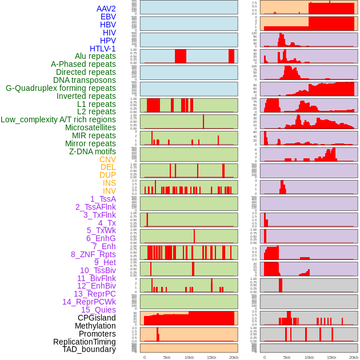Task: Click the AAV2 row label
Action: coord(106,9)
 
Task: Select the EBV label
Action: coord(108,17)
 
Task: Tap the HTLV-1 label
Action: coord(103,49)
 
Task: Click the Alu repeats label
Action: coord(95,56)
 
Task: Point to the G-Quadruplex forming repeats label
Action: coord(61,88)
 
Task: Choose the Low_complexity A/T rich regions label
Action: coord(58,119)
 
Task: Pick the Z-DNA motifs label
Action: coord(92,151)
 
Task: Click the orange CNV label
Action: coord(107,159)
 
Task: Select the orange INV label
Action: coord(109,191)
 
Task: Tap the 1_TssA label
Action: coord(103,199)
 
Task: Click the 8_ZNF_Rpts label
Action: coord(93,254)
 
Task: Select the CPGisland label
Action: coord(97,318)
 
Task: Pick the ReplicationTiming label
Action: coord(84,342)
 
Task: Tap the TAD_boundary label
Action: coord(89,349)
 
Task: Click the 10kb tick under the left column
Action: coord(189,357)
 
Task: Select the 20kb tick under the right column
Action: coord(354,357)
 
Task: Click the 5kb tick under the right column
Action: coord(286,357)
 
